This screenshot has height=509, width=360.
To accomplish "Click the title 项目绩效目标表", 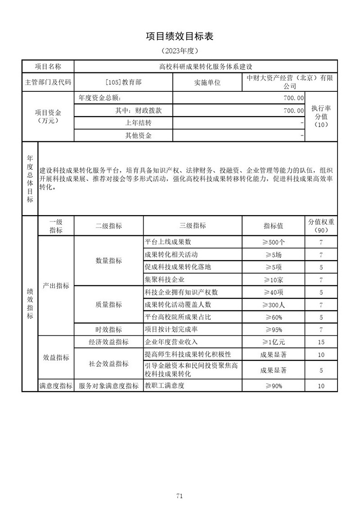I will tap(180, 36).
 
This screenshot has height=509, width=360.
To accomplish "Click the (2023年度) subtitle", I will tap(180, 51).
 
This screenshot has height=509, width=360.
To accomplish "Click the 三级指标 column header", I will tap(193, 226).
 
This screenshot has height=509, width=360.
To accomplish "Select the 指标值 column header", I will tap(274, 226).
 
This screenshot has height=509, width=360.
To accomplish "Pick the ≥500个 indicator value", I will tap(274, 242).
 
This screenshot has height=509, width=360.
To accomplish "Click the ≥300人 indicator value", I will tap(274, 305).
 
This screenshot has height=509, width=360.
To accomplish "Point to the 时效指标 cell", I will tap(108, 329).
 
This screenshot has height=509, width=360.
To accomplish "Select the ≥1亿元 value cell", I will tap(274, 342).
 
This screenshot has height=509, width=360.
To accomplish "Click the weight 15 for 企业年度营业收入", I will tap(321, 342).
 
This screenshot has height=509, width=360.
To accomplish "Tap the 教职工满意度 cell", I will tap(165, 386).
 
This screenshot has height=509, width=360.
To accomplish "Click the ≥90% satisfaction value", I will tap(274, 386).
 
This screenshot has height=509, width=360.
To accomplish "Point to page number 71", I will tap(180, 483).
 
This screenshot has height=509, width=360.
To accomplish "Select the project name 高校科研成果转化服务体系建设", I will tap(206, 67).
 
